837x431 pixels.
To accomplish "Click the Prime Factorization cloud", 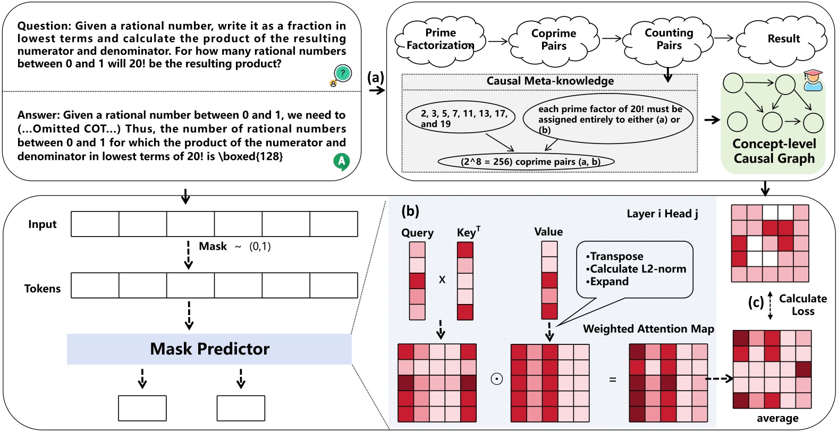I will [441, 39].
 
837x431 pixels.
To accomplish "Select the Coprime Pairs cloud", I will [554, 40].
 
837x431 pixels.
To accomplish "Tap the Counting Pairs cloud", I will [669, 39].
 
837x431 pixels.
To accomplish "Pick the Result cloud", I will [783, 39].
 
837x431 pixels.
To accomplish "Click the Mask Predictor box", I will [209, 349].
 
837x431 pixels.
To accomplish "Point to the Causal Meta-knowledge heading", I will [550, 81].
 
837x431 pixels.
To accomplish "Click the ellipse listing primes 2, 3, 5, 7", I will [460, 119].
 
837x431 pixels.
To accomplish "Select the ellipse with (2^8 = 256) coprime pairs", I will [526, 162].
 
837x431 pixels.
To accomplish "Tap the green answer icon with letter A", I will [341, 160].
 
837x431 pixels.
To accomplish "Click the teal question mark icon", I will [343, 73].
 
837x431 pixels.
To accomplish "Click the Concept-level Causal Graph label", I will [774, 151].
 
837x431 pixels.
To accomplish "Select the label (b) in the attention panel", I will [410, 212].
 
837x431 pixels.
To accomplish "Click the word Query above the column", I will [417, 233].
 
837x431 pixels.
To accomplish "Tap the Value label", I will [548, 232].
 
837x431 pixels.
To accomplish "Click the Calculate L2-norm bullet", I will [637, 269].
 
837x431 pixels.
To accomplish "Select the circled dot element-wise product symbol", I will [496, 379].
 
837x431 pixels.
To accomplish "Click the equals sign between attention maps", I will [612, 379].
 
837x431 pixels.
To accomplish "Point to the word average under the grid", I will [777, 419].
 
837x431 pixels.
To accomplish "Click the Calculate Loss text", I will [802, 305].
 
